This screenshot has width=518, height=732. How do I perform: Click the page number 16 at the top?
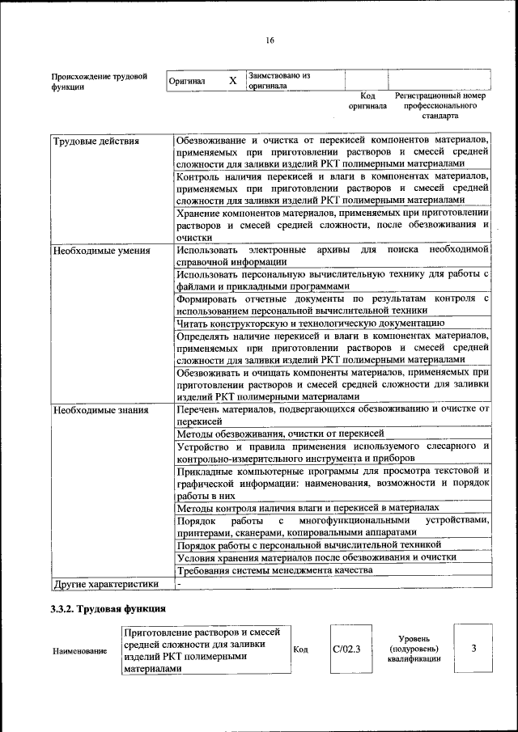[270, 40]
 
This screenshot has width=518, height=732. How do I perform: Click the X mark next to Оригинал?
[233, 81]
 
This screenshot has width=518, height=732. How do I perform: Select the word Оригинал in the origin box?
[187, 82]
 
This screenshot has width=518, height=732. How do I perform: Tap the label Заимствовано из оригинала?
[279, 80]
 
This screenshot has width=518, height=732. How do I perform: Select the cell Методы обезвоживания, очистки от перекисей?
[269, 434]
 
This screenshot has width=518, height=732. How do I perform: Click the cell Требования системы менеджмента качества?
[274, 570]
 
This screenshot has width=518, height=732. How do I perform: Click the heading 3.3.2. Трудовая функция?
[108, 608]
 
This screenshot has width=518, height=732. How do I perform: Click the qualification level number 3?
[473, 648]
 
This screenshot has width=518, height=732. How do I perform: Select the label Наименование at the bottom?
[79, 650]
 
